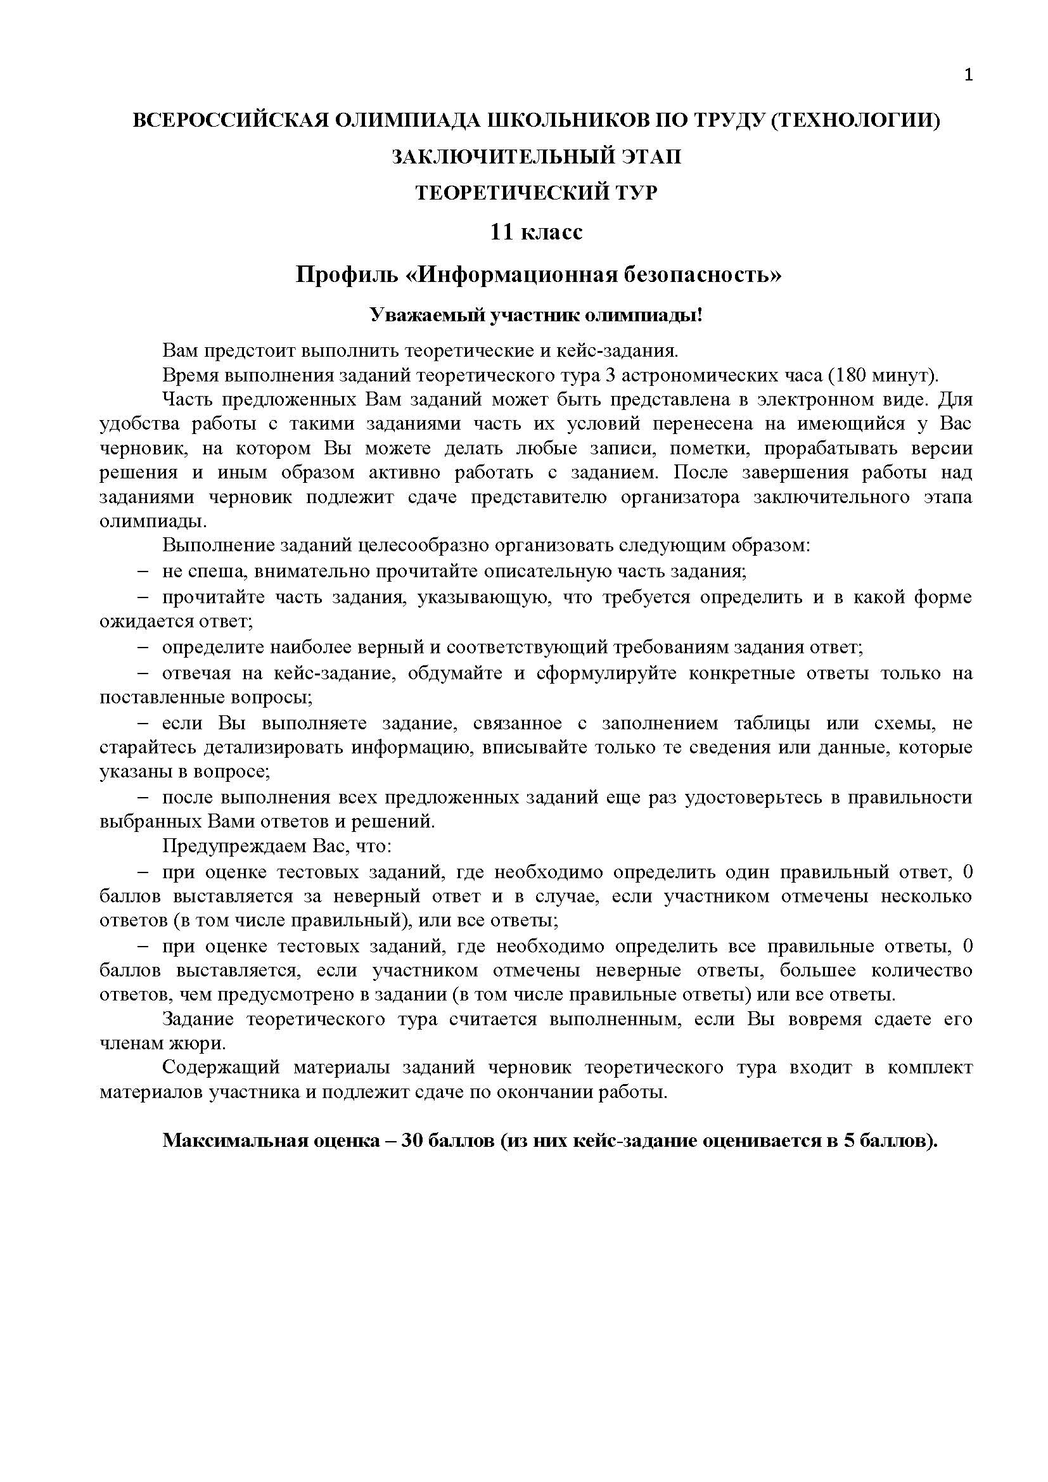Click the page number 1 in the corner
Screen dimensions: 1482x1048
click(x=968, y=75)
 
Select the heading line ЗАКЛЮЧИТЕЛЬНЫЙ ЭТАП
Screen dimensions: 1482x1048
click(x=536, y=157)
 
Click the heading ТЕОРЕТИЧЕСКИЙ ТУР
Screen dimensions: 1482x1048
click(x=536, y=193)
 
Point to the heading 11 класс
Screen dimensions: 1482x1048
click(x=536, y=232)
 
